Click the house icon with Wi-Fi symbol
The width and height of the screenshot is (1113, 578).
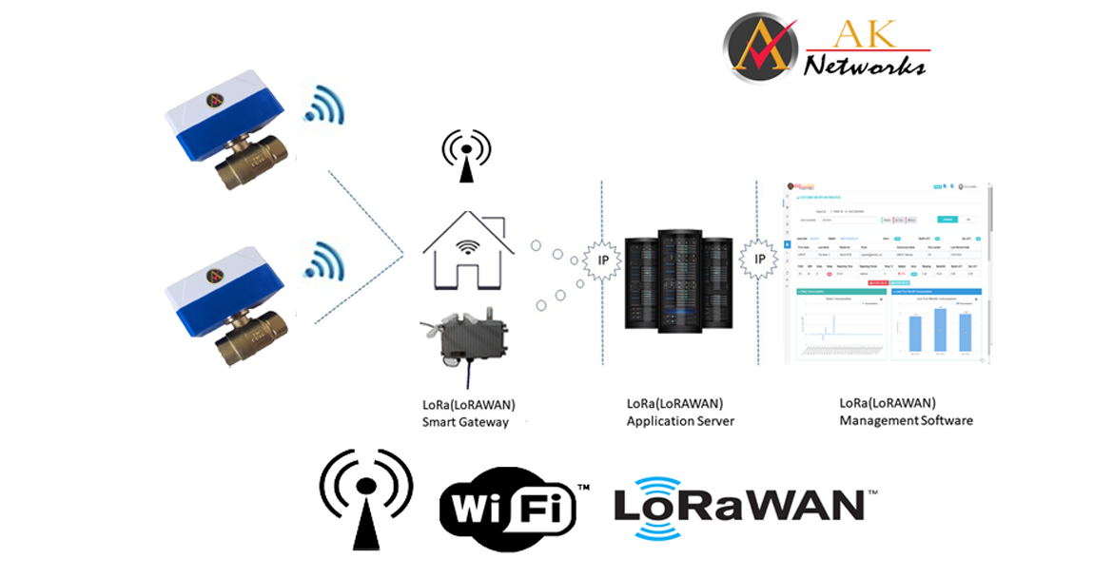click(x=466, y=250)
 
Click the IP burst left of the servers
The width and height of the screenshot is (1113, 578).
click(x=602, y=260)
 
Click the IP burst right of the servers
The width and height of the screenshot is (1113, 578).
click(x=759, y=259)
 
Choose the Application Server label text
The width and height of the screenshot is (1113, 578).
click(x=680, y=412)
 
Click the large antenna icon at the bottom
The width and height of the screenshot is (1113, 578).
click(x=366, y=499)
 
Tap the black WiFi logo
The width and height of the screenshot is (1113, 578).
click(x=510, y=504)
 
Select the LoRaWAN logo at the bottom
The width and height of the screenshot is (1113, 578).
click(x=738, y=504)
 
